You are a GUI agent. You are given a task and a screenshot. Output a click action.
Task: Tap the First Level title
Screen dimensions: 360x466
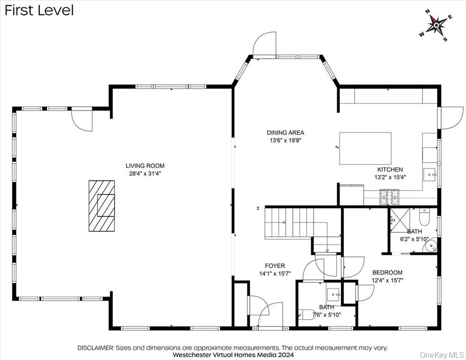click(x=39, y=10)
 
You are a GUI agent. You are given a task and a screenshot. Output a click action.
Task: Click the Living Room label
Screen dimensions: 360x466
click(x=145, y=166)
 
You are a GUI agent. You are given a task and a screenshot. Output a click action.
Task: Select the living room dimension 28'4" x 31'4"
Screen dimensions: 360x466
click(x=145, y=174)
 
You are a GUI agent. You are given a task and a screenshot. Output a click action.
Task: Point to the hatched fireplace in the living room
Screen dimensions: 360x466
click(x=102, y=205)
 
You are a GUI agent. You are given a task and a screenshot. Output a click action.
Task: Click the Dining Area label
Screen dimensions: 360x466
click(x=285, y=133)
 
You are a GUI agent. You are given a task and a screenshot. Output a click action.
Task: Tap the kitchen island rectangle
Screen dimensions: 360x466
click(x=365, y=148)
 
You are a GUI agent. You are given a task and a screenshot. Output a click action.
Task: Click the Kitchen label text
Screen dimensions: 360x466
click(x=390, y=170)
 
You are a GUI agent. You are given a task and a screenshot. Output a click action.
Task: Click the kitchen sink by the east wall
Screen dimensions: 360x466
click(x=431, y=175)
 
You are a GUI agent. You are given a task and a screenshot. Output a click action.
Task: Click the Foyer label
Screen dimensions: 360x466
click(x=275, y=266)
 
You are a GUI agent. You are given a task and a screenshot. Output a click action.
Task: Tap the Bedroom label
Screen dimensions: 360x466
click(x=387, y=273)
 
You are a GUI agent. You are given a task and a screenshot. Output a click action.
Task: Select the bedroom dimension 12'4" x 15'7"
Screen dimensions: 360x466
click(x=387, y=280)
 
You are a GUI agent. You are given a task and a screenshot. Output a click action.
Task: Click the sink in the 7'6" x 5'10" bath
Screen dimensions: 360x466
click(x=333, y=294)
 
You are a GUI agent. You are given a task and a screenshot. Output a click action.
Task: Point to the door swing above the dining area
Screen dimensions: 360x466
click(x=265, y=44)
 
